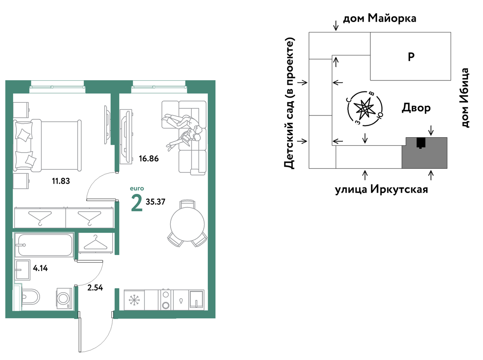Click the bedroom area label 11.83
tap(61, 181)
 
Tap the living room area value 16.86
tap(149, 158)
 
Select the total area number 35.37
tap(155, 202)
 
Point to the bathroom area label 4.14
tap(40, 268)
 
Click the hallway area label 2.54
tap(95, 288)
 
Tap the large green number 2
tap(137, 203)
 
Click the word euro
tap(137, 189)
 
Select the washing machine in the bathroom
tap(64, 298)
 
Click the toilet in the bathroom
tap(30, 297)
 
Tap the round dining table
tap(187, 224)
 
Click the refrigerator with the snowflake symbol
tap(134, 300)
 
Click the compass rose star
tap(364, 108)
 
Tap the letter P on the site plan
tap(411, 57)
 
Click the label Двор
tap(416, 108)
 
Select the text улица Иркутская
tap(381, 190)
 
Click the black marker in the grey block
tap(421, 143)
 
